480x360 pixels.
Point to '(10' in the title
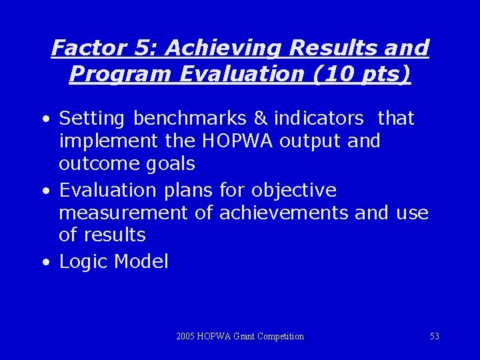[328, 73]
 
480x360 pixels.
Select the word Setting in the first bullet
[92, 119]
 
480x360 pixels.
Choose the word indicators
[319, 119]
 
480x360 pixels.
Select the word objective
[293, 190]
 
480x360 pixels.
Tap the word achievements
[283, 213]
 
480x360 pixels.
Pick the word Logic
[84, 261]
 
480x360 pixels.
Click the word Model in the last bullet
[141, 261]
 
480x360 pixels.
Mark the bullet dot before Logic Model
[44, 263]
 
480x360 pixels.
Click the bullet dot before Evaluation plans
[44, 191]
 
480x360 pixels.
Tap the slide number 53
[434, 337]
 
